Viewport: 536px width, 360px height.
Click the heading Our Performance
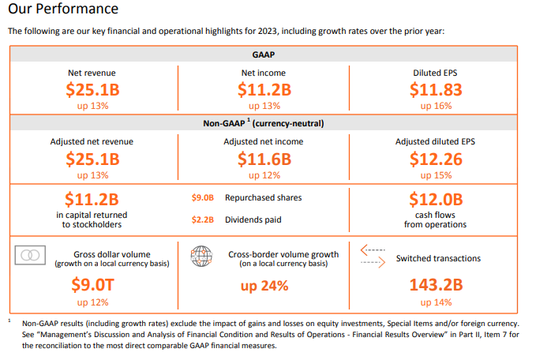click(63, 9)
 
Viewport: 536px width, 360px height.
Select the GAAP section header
click(264, 55)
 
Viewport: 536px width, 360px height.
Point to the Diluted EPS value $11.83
click(436, 90)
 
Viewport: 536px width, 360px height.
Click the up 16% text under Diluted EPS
click(436, 106)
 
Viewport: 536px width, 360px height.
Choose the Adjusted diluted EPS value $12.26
click(436, 159)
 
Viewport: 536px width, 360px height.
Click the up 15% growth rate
click(436, 174)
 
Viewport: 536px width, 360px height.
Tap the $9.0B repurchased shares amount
click(203, 198)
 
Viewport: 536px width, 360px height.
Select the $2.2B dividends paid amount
click(203, 219)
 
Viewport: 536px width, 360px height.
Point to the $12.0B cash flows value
click(436, 199)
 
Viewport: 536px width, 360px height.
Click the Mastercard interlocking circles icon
click(32, 256)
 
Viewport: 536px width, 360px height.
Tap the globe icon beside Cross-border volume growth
click(201, 257)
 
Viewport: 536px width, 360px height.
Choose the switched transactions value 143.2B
click(436, 286)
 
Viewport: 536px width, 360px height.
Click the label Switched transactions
click(438, 258)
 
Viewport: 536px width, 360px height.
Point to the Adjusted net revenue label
click(92, 141)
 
